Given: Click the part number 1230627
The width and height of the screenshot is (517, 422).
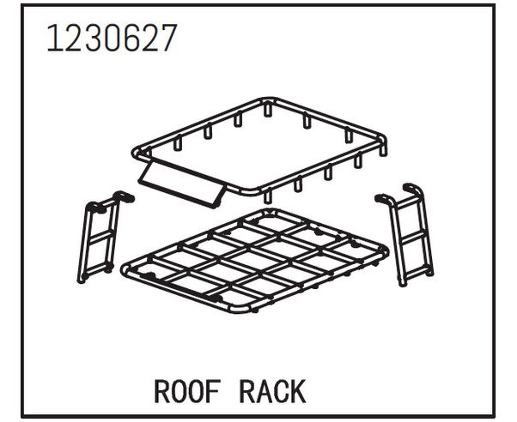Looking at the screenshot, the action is [113, 38].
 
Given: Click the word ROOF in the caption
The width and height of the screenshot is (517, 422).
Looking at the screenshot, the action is [187, 391].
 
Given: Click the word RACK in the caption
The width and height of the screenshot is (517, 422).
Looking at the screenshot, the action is [272, 391].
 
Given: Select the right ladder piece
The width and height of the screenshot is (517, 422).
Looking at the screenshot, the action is [404, 234].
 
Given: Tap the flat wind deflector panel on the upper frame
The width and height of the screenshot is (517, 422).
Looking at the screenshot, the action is [182, 184].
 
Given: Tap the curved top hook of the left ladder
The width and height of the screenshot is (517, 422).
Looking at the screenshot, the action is [124, 196].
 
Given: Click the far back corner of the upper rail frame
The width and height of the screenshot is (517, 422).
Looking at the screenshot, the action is [268, 100].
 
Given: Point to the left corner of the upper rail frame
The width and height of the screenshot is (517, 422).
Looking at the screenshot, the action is [136, 152].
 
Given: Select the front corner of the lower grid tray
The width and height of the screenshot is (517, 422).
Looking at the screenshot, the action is [238, 309].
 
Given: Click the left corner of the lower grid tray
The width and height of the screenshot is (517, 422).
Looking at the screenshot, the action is [125, 268].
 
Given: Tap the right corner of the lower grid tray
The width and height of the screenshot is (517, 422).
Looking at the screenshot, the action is [385, 250].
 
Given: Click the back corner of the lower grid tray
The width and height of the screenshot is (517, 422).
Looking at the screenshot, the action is [269, 211].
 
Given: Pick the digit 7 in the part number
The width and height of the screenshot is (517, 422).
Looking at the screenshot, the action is [167, 38].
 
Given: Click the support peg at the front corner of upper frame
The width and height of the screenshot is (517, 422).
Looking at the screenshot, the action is [268, 196].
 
